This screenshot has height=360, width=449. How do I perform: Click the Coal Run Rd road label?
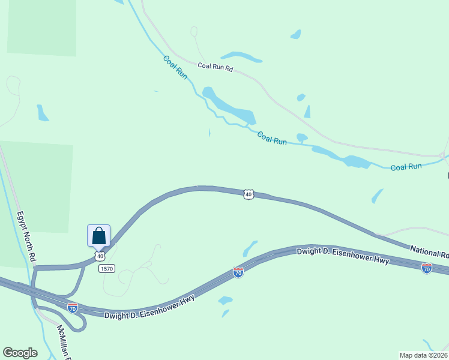(215, 67)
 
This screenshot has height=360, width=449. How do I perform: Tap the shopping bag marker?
(98, 236)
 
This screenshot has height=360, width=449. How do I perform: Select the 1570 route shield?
(107, 268)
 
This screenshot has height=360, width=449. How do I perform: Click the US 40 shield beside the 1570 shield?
(100, 256)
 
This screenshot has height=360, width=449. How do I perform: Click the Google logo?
(20, 353)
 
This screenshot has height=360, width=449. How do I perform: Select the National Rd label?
(429, 251)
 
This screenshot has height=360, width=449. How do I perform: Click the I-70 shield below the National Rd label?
(427, 268)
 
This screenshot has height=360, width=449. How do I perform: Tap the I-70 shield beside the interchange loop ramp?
(72, 308)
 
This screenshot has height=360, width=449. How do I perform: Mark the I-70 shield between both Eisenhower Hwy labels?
(238, 272)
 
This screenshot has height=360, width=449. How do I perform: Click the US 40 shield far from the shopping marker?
(249, 194)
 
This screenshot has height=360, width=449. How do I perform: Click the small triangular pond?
(307, 112)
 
